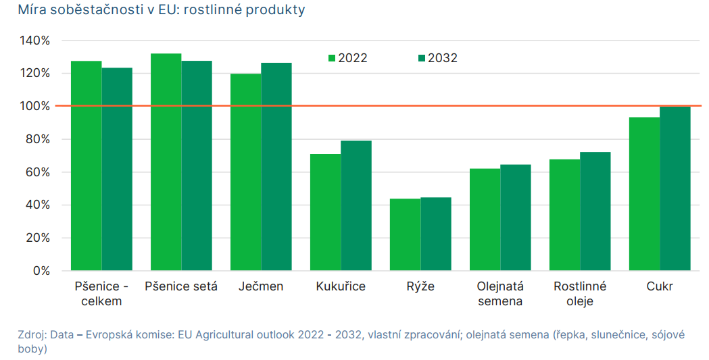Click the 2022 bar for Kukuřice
coord(325,212)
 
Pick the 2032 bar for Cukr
coord(675,188)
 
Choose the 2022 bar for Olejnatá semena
coord(485,220)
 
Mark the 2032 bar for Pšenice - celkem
coord(117,169)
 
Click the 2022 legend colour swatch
coord(332,58)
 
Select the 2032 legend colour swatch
coord(422,58)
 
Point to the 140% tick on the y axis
coord(35,41)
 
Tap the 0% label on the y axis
coord(42,271)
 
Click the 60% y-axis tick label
coord(38,172)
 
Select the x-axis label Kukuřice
coord(341,286)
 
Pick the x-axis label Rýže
coord(420,286)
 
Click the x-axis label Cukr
coord(660,286)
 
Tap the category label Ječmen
coord(261,286)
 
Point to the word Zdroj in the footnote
coord(32,335)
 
